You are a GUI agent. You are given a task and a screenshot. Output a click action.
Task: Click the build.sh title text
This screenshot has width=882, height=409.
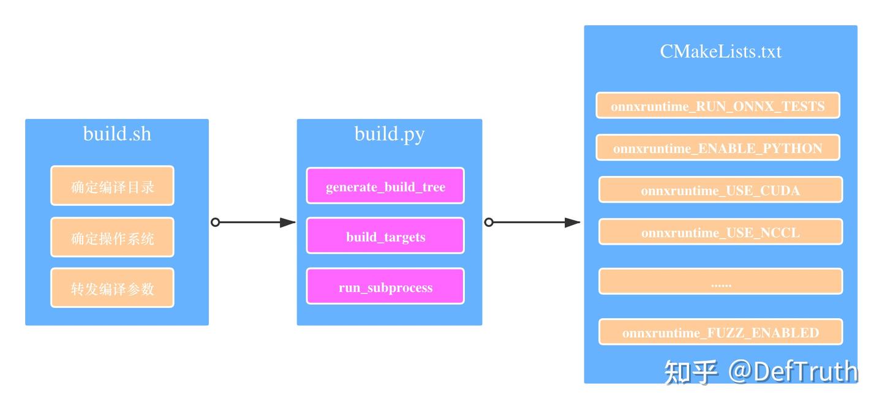pyautogui.click(x=117, y=134)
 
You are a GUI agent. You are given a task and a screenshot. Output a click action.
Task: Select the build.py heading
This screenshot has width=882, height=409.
pyautogui.click(x=390, y=135)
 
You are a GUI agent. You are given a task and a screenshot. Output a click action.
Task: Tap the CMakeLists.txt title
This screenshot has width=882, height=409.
pyautogui.click(x=720, y=52)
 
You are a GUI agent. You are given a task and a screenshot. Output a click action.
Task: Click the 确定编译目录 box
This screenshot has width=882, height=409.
pyautogui.click(x=112, y=186)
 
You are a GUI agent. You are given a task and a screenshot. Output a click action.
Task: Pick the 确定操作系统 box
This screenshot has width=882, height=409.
pyautogui.click(x=112, y=237)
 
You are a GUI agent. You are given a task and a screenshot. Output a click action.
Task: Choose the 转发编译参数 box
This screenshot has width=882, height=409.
pyautogui.click(x=112, y=288)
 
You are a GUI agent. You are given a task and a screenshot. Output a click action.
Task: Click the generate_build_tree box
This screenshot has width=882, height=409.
pyautogui.click(x=385, y=186)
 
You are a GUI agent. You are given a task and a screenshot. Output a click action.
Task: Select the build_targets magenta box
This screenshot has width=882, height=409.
pyautogui.click(x=385, y=235)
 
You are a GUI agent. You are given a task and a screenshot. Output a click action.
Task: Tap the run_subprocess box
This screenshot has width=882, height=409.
pyautogui.click(x=385, y=286)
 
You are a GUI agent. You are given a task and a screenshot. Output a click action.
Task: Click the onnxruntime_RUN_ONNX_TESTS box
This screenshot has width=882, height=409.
pyautogui.click(x=718, y=105)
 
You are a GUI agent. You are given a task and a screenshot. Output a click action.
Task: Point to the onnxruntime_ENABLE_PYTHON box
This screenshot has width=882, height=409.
pyautogui.click(x=718, y=147)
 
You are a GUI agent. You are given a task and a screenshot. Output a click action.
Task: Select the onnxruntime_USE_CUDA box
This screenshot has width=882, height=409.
pyautogui.click(x=720, y=189)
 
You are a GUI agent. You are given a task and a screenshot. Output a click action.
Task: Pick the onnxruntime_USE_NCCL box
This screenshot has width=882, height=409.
pyautogui.click(x=720, y=232)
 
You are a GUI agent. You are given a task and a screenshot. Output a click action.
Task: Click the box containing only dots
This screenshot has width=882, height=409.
pyautogui.click(x=720, y=281)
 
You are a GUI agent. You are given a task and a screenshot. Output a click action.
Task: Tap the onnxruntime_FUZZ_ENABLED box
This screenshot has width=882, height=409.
pyautogui.click(x=720, y=332)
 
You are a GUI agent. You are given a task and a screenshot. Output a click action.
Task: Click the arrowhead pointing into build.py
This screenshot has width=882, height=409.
pyautogui.click(x=288, y=223)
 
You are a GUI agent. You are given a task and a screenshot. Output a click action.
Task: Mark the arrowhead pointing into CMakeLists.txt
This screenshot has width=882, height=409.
pyautogui.click(x=572, y=223)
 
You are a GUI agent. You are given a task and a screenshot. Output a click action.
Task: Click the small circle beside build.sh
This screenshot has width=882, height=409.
pyautogui.click(x=215, y=222)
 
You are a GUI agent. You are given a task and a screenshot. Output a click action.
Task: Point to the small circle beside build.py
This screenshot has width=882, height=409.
pyautogui.click(x=489, y=222)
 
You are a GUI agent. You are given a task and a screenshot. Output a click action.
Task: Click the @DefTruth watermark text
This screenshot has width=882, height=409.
pyautogui.click(x=793, y=372)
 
